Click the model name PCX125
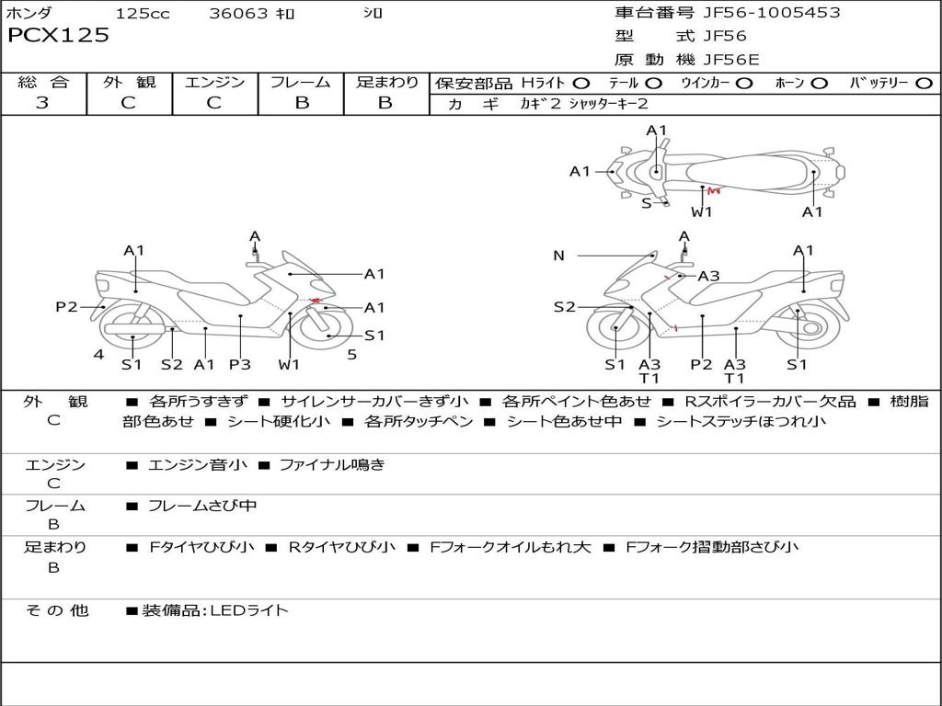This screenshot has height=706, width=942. pos(58,35)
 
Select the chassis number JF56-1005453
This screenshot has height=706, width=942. pos(772,12)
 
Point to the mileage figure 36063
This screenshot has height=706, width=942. pos(238,13)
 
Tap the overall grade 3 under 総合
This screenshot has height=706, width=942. pos(42,102)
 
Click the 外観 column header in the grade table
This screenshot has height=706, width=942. pos(129,82)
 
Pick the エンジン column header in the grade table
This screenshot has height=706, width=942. pos(214,82)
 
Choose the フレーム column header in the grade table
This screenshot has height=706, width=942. pos(301,82)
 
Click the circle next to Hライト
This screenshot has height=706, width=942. pos(581,83)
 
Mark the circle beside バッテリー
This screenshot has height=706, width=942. pos(924,83)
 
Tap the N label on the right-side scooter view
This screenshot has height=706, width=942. pos(558,256)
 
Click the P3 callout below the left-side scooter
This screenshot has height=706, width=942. pos(240,364)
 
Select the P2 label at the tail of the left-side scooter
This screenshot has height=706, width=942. pos(66,307)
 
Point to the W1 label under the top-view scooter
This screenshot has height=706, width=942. pos(701,211)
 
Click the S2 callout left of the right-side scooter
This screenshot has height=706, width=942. pos(564,307)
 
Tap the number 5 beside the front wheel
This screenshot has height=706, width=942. pos(352,355)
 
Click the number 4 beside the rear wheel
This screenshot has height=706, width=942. pos(98,355)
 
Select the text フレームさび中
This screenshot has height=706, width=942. pos(202,507)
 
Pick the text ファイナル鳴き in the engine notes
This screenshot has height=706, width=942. pos(332,464)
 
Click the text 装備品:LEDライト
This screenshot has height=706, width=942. pos(215,610)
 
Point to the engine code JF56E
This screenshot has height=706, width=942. pos(731,60)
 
